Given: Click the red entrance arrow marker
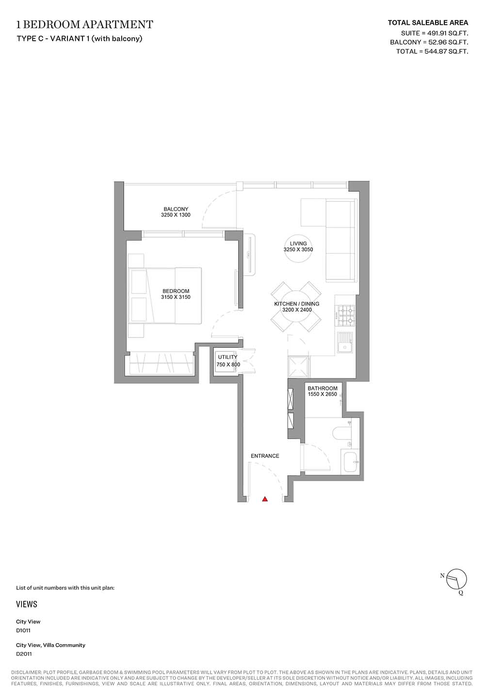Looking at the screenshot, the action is pyautogui.click(x=265, y=499).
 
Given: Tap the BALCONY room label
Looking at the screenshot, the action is pyautogui.click(x=176, y=209).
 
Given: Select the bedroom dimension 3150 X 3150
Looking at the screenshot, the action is pyautogui.click(x=176, y=297).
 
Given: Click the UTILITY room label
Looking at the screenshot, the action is pyautogui.click(x=227, y=357).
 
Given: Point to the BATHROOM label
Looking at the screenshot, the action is pyautogui.click(x=323, y=388).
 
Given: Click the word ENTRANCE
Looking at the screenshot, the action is pyautogui.click(x=265, y=456).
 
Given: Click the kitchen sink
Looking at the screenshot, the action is pyautogui.click(x=345, y=342).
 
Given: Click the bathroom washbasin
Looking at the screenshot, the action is pyautogui.click(x=351, y=462).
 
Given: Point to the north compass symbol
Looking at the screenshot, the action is pyautogui.click(x=456, y=580).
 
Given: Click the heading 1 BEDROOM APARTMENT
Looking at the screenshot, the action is pyautogui.click(x=84, y=24).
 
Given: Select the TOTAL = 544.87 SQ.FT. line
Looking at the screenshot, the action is pyautogui.click(x=432, y=51).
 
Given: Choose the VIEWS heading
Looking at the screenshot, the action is pyautogui.click(x=27, y=604).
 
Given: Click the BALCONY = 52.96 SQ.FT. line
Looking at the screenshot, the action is pyautogui.click(x=429, y=42).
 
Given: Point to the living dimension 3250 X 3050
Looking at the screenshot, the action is pyautogui.click(x=298, y=249).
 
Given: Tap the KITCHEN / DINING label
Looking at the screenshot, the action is pyautogui.click(x=297, y=304).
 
